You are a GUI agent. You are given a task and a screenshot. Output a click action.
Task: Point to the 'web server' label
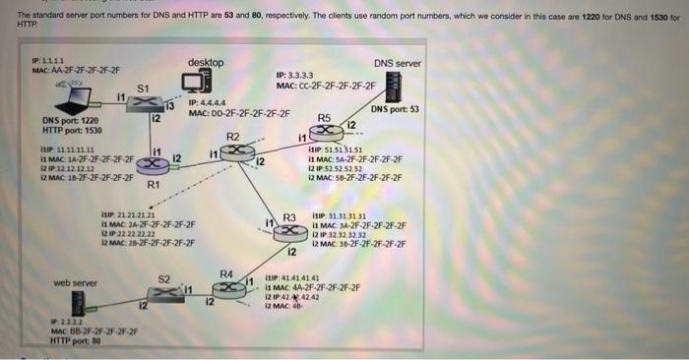tap(76, 282)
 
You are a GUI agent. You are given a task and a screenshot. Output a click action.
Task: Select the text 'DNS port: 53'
tap(395, 109)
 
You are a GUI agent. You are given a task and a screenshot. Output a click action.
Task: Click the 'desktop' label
tap(206, 63)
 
